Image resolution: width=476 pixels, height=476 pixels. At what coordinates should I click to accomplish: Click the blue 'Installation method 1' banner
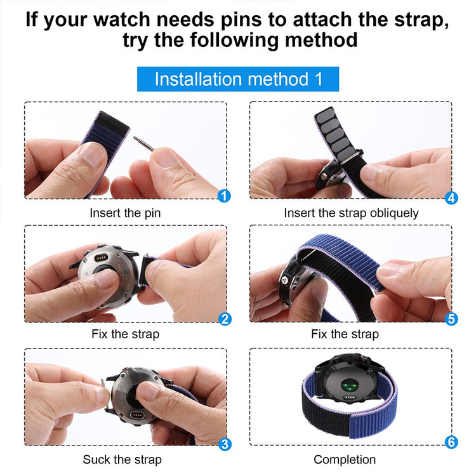[x=238, y=79]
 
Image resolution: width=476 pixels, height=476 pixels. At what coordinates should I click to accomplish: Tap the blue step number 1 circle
[x=223, y=195]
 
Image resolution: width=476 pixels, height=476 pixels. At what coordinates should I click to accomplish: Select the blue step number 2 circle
[x=224, y=319]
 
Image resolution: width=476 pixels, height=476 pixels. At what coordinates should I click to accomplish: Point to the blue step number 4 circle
[x=451, y=197]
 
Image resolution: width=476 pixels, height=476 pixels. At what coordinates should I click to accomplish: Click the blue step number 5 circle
[x=451, y=319]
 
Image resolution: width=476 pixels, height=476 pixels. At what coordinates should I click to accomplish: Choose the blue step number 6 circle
[x=451, y=442]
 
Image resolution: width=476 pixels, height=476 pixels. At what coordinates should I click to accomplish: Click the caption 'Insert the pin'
[x=125, y=213]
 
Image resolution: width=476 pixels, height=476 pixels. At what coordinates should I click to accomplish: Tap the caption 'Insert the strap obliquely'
[x=351, y=213]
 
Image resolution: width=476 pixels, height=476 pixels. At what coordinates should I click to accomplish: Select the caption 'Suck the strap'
[x=122, y=459]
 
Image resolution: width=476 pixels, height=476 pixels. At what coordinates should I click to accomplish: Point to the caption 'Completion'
[x=345, y=459]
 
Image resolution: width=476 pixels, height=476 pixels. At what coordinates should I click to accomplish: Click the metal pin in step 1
[x=143, y=143]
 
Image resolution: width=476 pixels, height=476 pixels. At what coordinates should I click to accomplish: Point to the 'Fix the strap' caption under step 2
[x=126, y=334]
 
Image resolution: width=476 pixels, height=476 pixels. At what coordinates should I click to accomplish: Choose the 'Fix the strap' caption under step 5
[x=345, y=334]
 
